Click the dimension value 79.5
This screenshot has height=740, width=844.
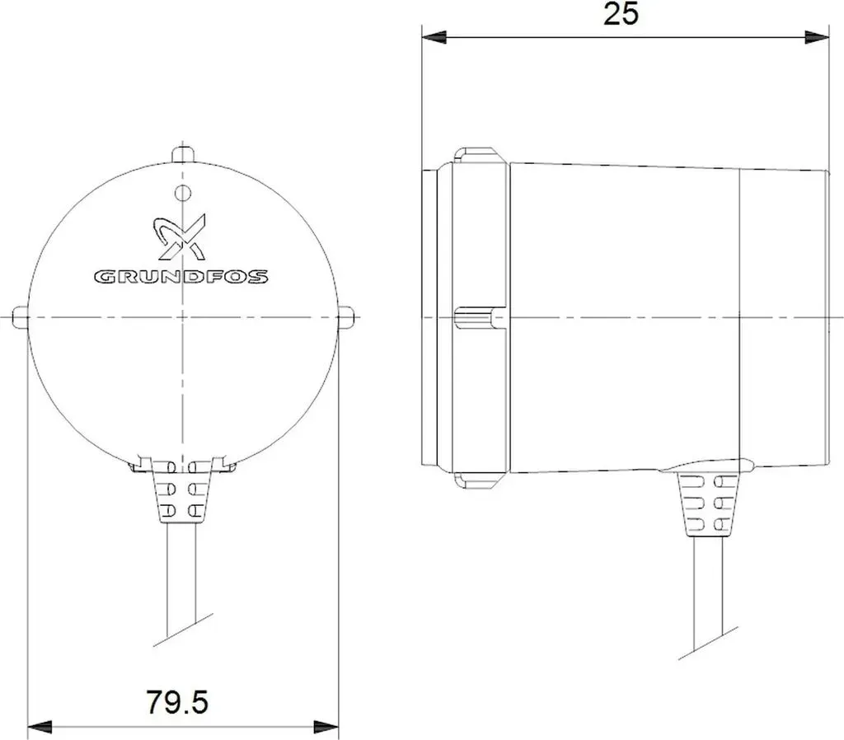(x=176, y=702)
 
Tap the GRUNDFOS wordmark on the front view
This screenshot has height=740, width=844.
(x=181, y=277)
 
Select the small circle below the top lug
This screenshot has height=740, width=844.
(x=184, y=192)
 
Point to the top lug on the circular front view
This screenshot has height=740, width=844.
(x=183, y=153)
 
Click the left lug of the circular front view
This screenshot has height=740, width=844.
(x=20, y=317)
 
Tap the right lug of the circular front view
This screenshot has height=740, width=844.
(x=346, y=317)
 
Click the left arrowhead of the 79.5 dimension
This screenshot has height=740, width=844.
(x=40, y=728)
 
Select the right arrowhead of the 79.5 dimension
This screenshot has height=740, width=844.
(x=326, y=728)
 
